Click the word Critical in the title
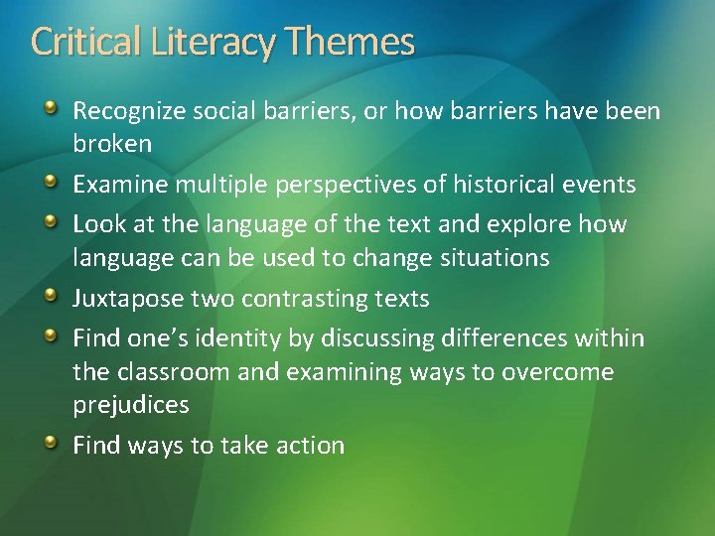tap(86, 42)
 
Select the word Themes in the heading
tap(352, 42)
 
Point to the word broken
tap(112, 144)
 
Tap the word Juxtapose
tap(129, 299)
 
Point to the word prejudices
tap(131, 405)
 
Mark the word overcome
tap(564, 372)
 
